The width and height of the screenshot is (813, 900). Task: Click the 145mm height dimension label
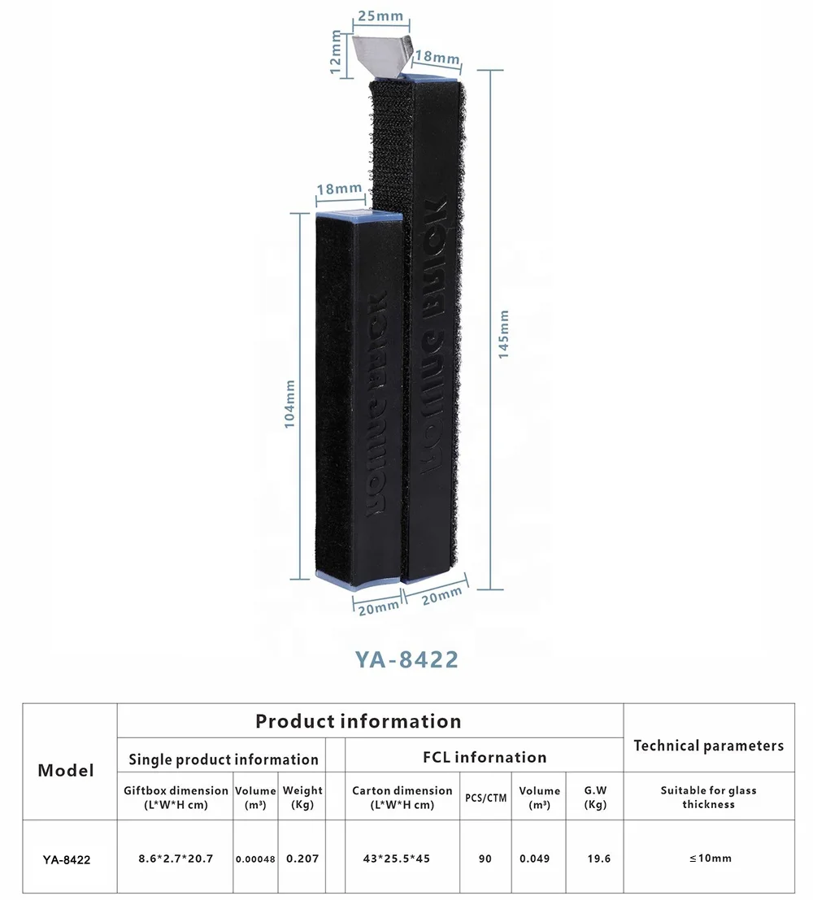click(x=504, y=334)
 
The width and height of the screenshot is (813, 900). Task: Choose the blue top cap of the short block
click(x=359, y=217)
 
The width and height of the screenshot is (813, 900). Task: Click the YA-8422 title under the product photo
click(x=406, y=659)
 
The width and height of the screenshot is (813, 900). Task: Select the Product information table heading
click(x=358, y=721)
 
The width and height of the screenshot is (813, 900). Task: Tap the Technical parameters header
click(x=708, y=746)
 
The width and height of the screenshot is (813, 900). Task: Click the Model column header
click(x=66, y=770)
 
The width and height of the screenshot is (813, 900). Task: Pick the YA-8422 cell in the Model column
click(x=66, y=859)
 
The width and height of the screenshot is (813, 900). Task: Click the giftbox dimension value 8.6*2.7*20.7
click(x=175, y=859)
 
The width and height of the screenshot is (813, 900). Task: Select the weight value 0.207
click(x=302, y=859)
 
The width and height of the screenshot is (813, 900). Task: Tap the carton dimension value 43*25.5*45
click(x=402, y=859)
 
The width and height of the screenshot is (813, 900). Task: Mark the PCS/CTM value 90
click(x=485, y=859)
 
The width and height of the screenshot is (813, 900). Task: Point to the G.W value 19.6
click(x=598, y=859)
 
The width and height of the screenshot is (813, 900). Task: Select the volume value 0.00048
click(x=255, y=859)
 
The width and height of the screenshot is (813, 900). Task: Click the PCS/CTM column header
click(x=485, y=798)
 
